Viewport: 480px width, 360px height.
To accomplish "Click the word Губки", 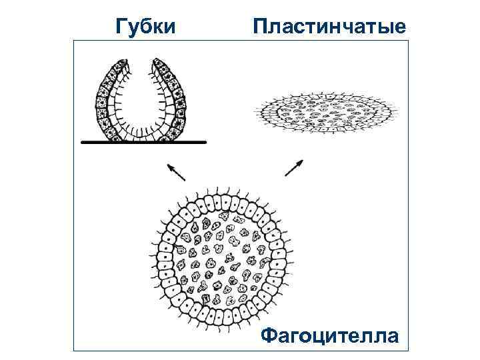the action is [145, 26].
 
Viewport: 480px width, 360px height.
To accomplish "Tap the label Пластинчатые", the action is [329, 26].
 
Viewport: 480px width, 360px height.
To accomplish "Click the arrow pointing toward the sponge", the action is [176, 171].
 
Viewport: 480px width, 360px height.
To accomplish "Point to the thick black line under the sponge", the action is [143, 142].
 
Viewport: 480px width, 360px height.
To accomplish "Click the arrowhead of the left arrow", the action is [169, 165].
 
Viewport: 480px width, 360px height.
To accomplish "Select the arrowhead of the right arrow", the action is [301, 161].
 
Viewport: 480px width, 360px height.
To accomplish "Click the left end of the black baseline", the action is [82, 142].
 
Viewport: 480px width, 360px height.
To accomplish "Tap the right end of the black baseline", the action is [205, 142].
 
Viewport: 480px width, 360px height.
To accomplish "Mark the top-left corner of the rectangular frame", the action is [73, 40].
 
